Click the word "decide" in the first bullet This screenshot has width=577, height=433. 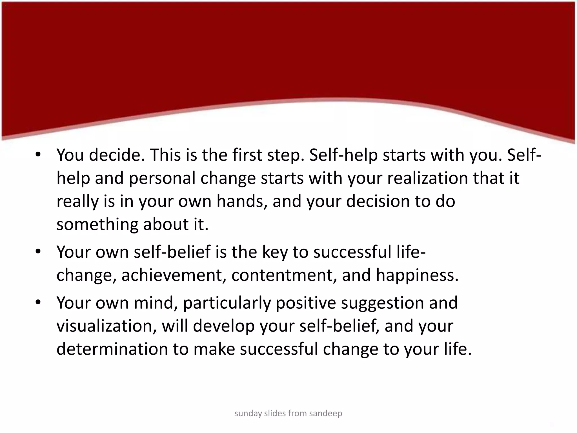[117, 155]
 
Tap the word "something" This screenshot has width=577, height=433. [97, 224]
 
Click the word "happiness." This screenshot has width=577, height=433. [417, 275]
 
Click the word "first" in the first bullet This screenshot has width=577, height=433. [247, 155]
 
